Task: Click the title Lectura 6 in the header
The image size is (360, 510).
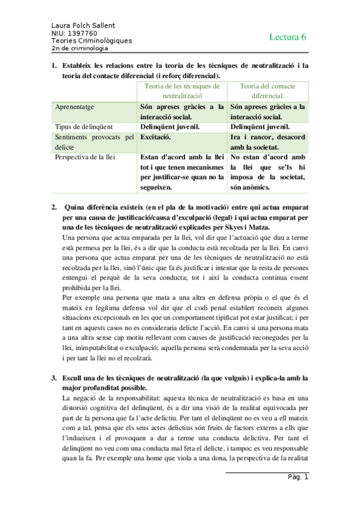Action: click(287, 37)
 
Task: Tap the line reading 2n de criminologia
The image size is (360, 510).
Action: click(80, 48)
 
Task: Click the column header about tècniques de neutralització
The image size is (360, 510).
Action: click(182, 90)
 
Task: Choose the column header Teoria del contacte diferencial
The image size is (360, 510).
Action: click(268, 90)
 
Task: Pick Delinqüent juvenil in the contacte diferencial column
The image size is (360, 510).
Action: click(260, 127)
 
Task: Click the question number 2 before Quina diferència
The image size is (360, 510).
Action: click(54, 208)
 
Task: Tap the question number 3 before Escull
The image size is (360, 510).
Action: click(54, 378)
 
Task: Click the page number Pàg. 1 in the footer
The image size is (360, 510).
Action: click(297, 478)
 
